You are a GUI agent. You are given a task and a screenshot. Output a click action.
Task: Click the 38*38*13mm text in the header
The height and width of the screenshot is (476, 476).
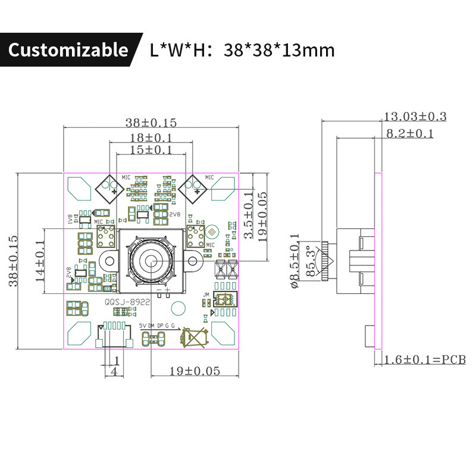[279, 50]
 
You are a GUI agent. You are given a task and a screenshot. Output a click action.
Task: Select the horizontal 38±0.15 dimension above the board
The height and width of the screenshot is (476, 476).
[151, 123]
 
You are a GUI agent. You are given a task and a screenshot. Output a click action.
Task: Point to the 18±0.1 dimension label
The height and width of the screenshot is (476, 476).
[151, 137]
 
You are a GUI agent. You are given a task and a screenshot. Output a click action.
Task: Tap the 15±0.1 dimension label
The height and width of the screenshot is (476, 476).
[151, 150]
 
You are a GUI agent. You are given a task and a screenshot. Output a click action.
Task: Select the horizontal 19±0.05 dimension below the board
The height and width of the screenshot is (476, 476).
[186, 371]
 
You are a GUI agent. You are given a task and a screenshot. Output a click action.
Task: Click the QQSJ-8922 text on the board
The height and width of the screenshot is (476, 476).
[127, 302]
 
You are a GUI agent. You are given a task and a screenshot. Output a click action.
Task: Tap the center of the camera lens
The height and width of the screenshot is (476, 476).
[151, 260]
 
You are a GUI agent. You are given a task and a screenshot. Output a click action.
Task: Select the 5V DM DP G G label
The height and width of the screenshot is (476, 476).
[157, 326]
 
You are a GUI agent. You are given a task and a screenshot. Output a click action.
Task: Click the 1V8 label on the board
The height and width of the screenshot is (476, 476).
[70, 219]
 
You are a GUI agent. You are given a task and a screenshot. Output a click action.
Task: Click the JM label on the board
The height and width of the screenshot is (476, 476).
[206, 295]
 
